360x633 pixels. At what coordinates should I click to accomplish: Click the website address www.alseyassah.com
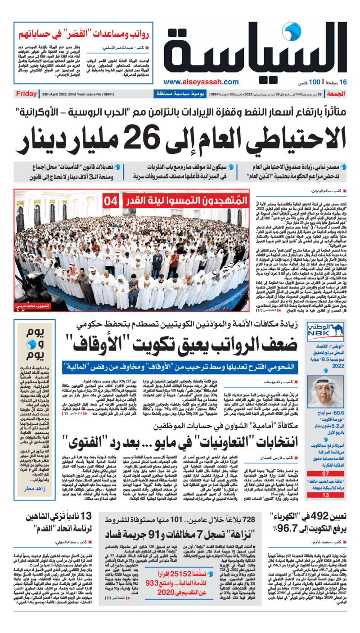(x=201, y=81)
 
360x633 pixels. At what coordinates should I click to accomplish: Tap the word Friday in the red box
(x=27, y=94)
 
